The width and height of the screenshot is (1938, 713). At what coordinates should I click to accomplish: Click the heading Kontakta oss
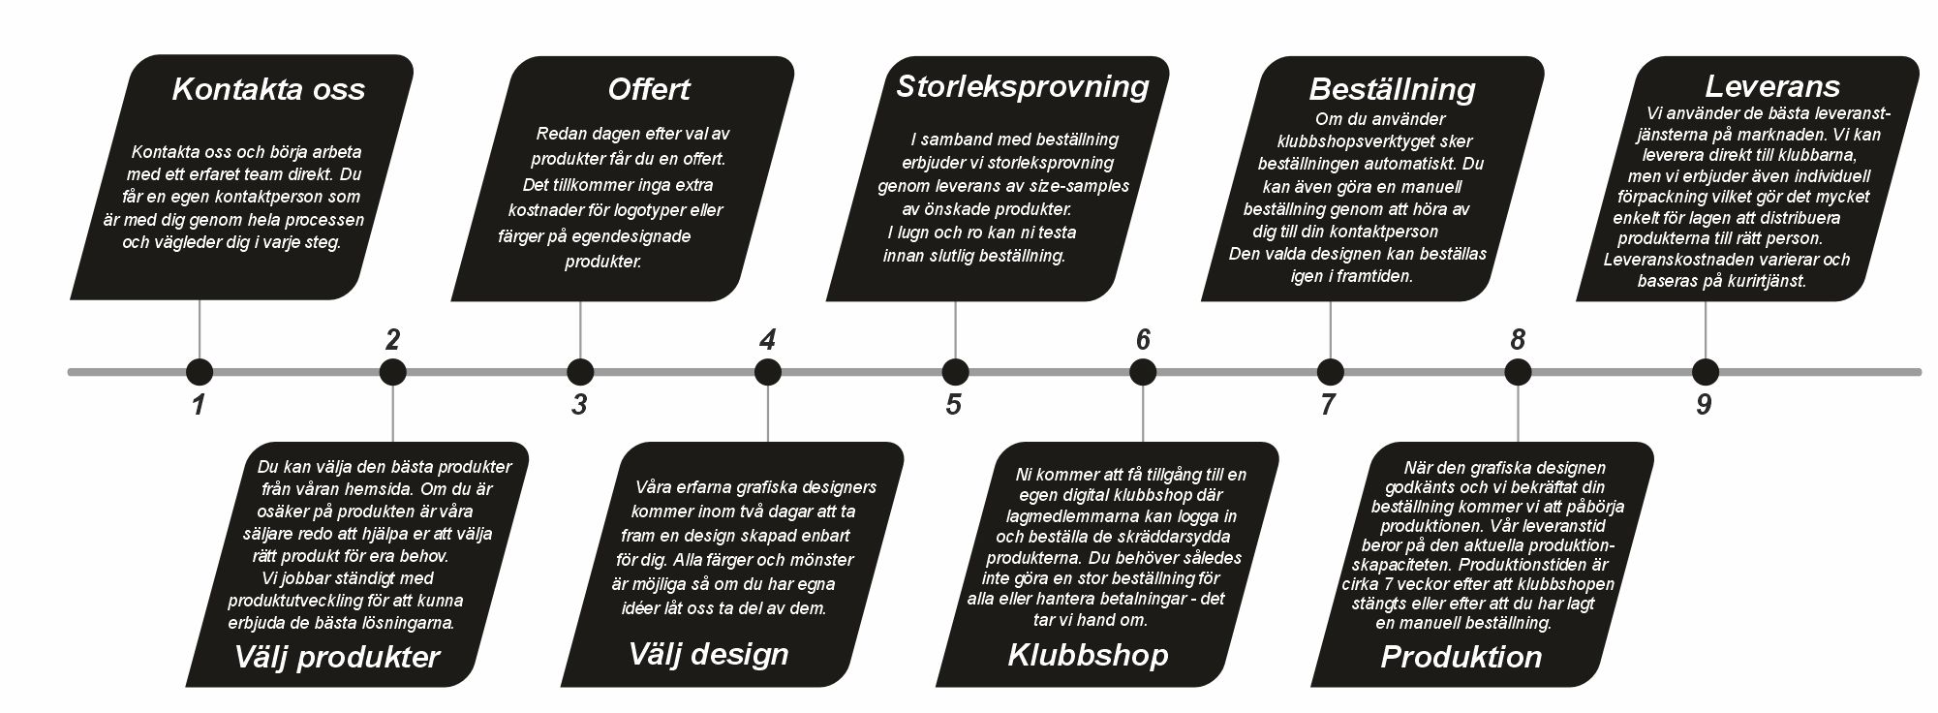[x=268, y=89]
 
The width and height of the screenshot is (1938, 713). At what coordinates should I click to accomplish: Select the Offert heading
[x=648, y=89]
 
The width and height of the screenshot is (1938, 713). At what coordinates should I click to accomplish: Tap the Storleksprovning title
[x=1022, y=87]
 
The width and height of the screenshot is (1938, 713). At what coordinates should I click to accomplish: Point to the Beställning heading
[x=1392, y=90]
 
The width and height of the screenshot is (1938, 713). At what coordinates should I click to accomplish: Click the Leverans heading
[x=1771, y=86]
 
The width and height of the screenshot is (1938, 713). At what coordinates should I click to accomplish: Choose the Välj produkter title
[x=336, y=657]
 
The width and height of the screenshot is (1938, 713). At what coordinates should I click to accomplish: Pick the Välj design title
[x=708, y=654]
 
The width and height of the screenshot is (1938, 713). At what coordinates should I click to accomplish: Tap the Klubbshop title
[x=1088, y=655]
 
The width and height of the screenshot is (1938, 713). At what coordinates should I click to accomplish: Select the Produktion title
[x=1461, y=657]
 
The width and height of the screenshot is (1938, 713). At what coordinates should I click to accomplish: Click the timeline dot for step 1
[x=200, y=372]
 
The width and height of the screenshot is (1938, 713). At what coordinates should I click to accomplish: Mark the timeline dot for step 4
[x=768, y=372]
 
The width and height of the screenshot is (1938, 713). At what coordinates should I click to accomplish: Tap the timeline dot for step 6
[x=1143, y=372]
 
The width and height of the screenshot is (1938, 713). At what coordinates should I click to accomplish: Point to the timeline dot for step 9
[x=1706, y=372]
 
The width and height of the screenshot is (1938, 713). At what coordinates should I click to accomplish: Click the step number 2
[x=392, y=340]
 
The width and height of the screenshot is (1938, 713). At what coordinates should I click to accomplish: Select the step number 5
[x=954, y=405]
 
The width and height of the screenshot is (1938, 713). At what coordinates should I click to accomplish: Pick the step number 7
[x=1328, y=405]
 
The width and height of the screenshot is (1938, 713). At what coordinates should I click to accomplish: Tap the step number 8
[x=1518, y=340]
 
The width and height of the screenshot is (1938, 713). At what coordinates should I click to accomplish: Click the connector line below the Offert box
[x=580, y=330]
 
